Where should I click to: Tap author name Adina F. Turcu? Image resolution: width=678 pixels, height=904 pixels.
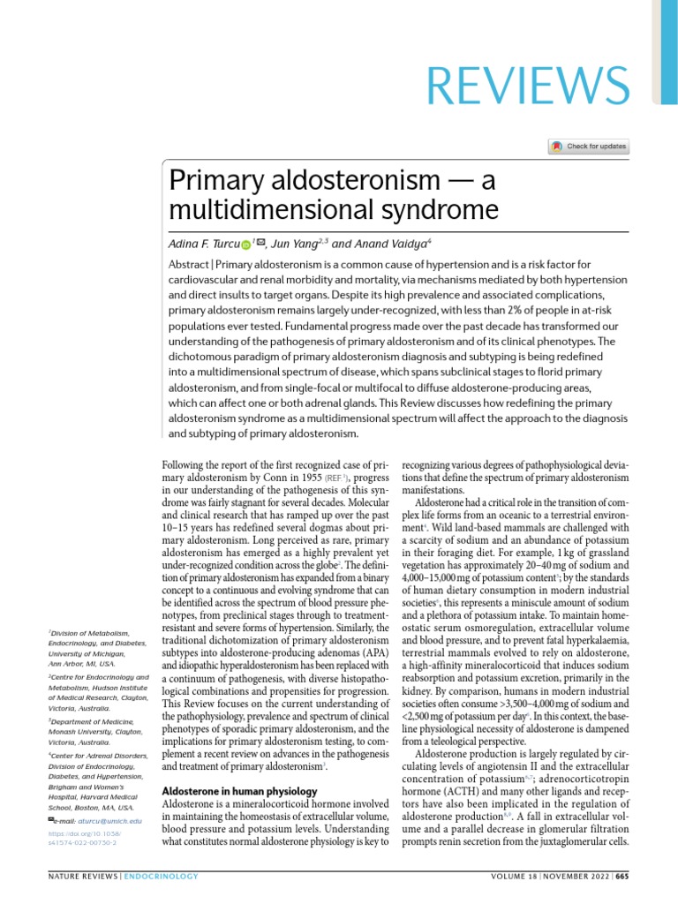(x=202, y=242)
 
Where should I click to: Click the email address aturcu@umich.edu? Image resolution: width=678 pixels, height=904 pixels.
(x=109, y=820)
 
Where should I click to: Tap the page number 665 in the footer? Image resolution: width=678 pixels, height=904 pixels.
(x=621, y=885)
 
